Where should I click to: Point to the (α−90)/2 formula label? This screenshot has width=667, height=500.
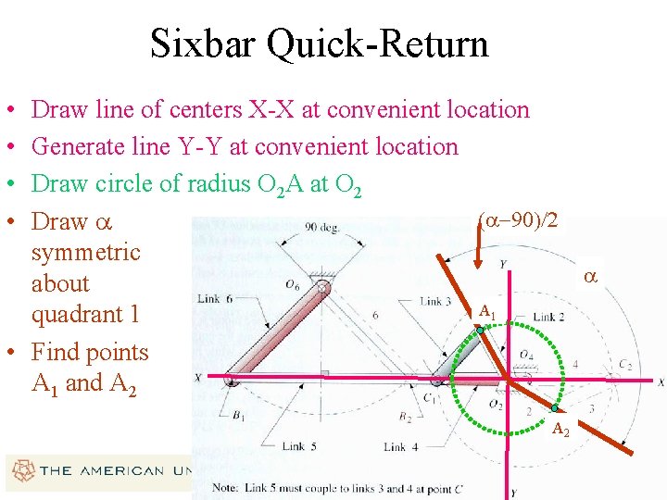tap(518, 220)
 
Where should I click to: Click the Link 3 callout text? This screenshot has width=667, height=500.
tap(435, 301)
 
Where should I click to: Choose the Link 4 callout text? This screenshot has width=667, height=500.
tap(401, 447)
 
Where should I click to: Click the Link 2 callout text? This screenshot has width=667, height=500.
tap(548, 318)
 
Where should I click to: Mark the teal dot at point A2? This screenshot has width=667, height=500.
tap(554, 408)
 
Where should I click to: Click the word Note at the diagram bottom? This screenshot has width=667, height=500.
tap(227, 487)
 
